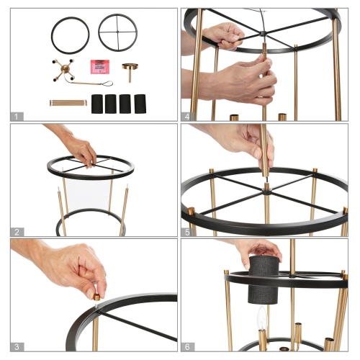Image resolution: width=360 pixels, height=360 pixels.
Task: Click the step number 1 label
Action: [17, 117]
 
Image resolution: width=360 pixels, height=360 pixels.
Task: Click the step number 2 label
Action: [17, 232]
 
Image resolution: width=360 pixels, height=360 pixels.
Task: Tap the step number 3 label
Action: [17, 347]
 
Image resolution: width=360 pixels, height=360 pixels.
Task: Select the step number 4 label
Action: [187, 117]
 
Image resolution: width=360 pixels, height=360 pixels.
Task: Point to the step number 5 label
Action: [187, 232]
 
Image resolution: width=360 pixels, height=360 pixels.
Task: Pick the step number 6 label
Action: [187, 347]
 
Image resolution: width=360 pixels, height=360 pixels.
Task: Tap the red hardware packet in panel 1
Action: [100, 67]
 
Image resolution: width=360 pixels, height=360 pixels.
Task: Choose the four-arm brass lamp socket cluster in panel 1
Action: [64, 70]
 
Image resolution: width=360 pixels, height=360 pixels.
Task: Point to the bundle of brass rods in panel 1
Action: [68, 103]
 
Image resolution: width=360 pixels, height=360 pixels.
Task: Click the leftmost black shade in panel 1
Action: [97, 104]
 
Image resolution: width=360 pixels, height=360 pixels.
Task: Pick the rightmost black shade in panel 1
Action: [140, 104]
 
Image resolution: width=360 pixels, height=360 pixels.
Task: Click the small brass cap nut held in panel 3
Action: [96, 297]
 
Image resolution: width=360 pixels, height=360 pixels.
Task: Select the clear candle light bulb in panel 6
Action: [262, 318]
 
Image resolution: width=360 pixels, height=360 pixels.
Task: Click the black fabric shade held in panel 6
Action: [264, 279]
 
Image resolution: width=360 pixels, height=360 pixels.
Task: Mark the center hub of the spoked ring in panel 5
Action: [267, 192]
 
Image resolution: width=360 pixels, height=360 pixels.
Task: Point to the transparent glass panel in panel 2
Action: [89, 194]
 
